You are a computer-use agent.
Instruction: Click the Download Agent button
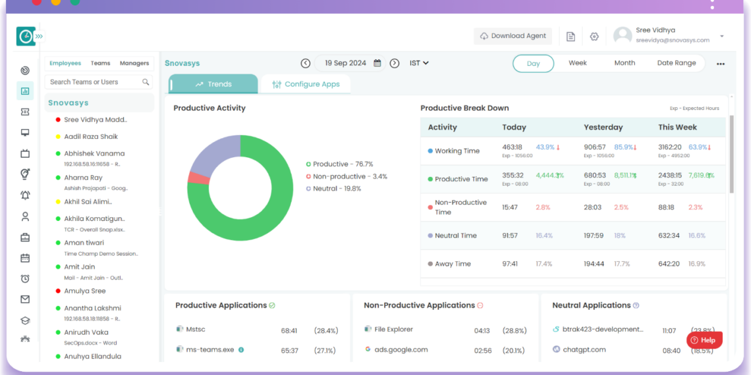(513, 36)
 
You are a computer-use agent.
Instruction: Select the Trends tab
(213, 84)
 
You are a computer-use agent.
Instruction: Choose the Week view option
(577, 63)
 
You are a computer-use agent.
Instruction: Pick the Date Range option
(676, 63)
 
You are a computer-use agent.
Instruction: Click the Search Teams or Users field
(96, 82)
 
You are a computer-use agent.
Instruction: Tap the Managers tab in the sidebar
(134, 63)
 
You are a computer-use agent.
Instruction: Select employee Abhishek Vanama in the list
(94, 153)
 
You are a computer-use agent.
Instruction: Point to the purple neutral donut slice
(213, 155)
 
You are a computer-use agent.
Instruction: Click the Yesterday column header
(603, 128)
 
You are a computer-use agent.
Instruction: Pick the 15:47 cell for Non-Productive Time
(510, 207)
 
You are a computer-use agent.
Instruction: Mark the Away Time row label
(453, 264)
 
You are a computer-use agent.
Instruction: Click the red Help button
(704, 340)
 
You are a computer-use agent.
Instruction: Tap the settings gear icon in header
(594, 37)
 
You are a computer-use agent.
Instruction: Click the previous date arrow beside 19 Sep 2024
(306, 63)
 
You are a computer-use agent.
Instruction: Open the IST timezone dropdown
(419, 63)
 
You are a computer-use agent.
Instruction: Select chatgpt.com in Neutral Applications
(584, 350)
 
